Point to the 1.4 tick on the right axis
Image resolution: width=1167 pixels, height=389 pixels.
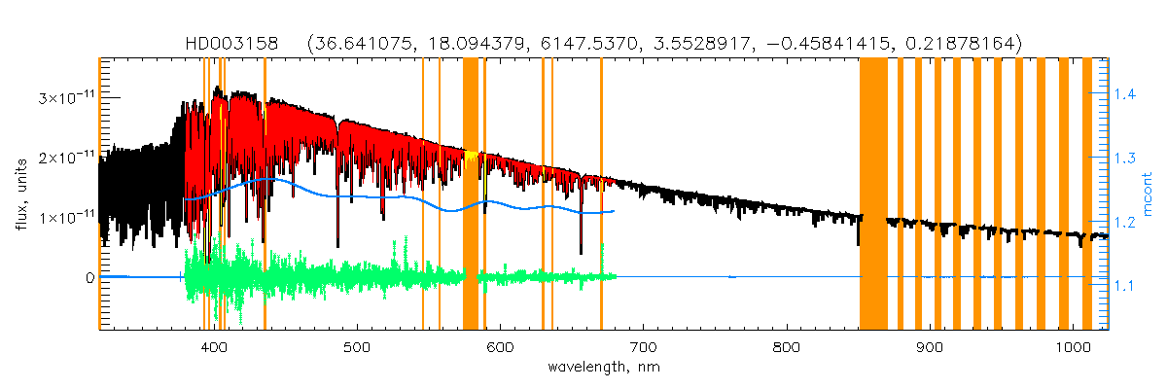point(1124,94)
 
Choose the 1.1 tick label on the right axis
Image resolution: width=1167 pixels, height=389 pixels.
point(1124,286)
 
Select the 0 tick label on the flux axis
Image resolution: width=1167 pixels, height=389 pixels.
point(88,278)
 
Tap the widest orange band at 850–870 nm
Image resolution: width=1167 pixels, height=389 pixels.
point(873,194)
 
